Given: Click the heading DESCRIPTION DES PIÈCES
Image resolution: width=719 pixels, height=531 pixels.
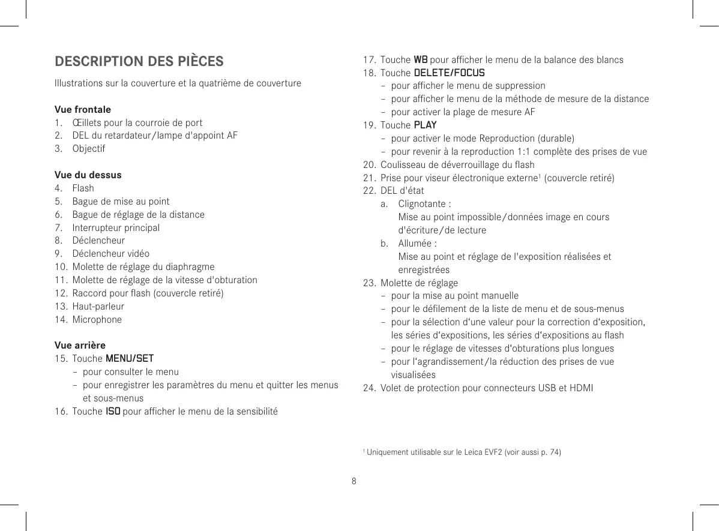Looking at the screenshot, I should (139, 62).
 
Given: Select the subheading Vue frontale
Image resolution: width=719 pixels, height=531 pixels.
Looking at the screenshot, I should (82, 110).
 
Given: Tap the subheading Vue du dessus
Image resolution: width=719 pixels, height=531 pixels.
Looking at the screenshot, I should (88, 175).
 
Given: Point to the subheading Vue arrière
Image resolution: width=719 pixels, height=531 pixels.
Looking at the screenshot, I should (80, 345).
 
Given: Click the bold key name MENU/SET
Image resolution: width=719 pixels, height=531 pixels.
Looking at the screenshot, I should (130, 359).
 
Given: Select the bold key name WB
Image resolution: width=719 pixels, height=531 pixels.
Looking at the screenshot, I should (421, 60).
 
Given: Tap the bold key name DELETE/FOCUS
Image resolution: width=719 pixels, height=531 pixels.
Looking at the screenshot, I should (450, 73).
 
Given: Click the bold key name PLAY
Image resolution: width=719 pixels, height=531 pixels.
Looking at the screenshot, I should (426, 125).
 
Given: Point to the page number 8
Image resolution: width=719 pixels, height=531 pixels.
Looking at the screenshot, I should (354, 481).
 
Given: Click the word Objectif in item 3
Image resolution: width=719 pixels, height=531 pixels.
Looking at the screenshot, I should (88, 148).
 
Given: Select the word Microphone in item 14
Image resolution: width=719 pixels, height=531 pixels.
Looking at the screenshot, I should (97, 319).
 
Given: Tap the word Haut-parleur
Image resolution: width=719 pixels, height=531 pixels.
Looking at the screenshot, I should (98, 306).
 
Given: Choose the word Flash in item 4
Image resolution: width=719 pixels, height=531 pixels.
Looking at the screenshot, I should (83, 188).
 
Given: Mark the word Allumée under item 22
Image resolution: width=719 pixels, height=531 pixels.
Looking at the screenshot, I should (415, 244).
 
